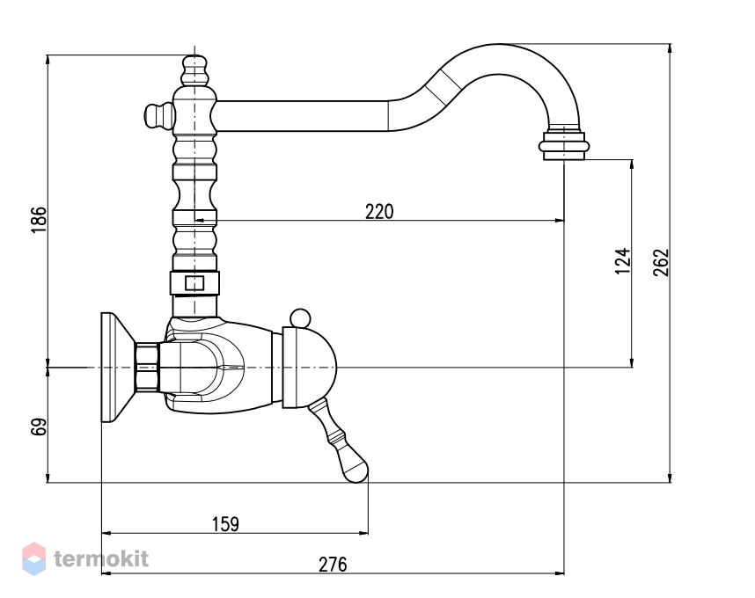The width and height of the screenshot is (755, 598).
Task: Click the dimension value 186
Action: coord(39,219)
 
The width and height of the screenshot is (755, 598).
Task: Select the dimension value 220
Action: coord(379,212)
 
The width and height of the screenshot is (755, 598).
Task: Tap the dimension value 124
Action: coord(623,261)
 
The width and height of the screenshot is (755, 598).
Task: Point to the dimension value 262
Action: coord(662,262)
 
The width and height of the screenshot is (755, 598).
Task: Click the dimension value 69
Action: coord(39,427)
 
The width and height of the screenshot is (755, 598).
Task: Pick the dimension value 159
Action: coord(225,524)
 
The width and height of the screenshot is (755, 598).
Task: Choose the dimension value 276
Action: coord(333,565)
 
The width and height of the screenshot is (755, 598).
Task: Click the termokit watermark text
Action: coord(101,559)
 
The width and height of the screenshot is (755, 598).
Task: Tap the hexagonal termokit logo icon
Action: coord(34,558)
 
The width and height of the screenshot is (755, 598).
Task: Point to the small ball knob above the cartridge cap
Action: coord(300,318)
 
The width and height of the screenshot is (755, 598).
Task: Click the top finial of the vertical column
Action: coord(194,70)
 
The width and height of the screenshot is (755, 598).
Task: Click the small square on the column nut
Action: coord(194,283)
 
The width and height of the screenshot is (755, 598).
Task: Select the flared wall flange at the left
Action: coord(118,367)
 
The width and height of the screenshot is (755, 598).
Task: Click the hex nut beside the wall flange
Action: coord(147,367)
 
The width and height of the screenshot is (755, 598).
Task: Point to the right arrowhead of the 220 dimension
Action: coord(560,221)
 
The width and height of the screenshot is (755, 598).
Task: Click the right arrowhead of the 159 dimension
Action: coord(363,533)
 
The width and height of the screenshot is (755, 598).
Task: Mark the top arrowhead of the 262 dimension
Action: coord(670,48)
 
